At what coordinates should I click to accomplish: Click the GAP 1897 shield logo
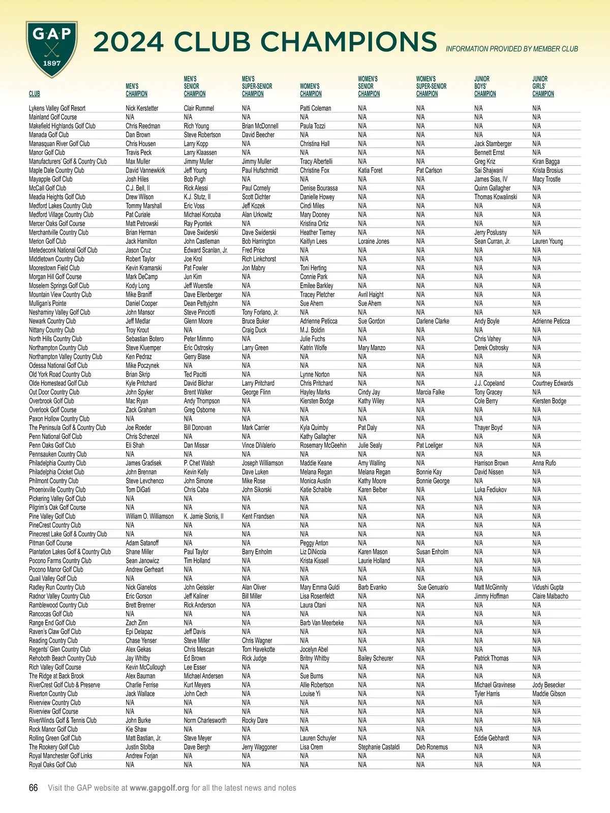pyautogui.click(x=52, y=49)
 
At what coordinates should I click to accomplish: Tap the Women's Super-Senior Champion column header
pyautogui.click(x=431, y=86)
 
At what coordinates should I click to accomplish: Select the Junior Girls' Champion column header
pyautogui.click(x=543, y=86)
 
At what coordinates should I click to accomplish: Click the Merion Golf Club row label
pyautogui.click(x=47, y=241)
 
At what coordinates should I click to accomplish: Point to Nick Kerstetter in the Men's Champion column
pyautogui.click(x=142, y=108)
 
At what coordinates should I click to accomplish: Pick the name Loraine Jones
pyautogui.click(x=373, y=241)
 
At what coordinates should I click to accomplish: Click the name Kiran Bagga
pyautogui.click(x=545, y=162)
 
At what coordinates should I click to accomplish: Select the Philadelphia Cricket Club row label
pyautogui.click(x=56, y=472)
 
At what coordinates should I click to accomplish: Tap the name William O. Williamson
pyautogui.click(x=149, y=516)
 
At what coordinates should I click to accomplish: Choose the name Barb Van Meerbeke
pyautogui.click(x=321, y=623)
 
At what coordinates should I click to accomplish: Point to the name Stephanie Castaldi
pyautogui.click(x=379, y=747)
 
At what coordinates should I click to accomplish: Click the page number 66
pyautogui.click(x=34, y=788)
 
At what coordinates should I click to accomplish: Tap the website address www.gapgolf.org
pyautogui.click(x=159, y=788)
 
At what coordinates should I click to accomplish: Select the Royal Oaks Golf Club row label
pyautogui.click(x=52, y=765)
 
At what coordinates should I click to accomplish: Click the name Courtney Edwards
pyautogui.click(x=552, y=383)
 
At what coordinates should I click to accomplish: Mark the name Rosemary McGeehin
pyautogui.click(x=323, y=446)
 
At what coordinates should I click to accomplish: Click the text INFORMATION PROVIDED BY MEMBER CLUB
pyautogui.click(x=511, y=49)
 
